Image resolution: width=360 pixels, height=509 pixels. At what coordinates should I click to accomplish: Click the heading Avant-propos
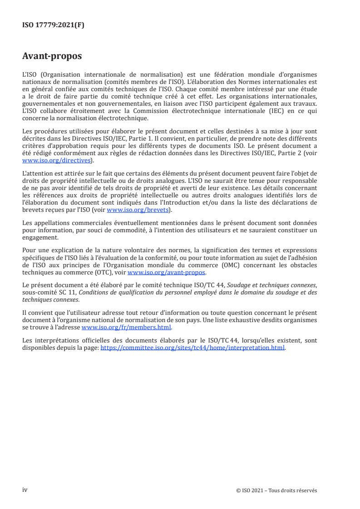pyautogui.click(x=52, y=56)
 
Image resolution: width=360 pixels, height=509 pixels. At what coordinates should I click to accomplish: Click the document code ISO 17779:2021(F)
pyautogui.click(x=53, y=25)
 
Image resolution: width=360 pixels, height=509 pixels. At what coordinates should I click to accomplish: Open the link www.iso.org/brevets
pyautogui.click(x=137, y=210)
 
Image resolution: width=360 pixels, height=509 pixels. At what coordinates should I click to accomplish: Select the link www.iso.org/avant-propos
pyautogui.click(x=167, y=272)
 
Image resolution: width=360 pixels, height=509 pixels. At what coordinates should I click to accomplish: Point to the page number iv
pyautogui.click(x=25, y=490)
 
